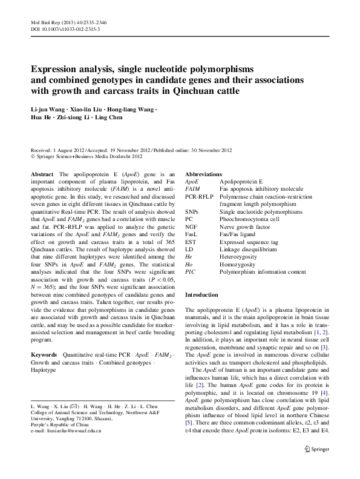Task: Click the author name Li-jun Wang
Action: point(48,109)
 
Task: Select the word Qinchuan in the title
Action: point(192,92)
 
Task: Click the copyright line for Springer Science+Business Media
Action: point(91,155)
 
